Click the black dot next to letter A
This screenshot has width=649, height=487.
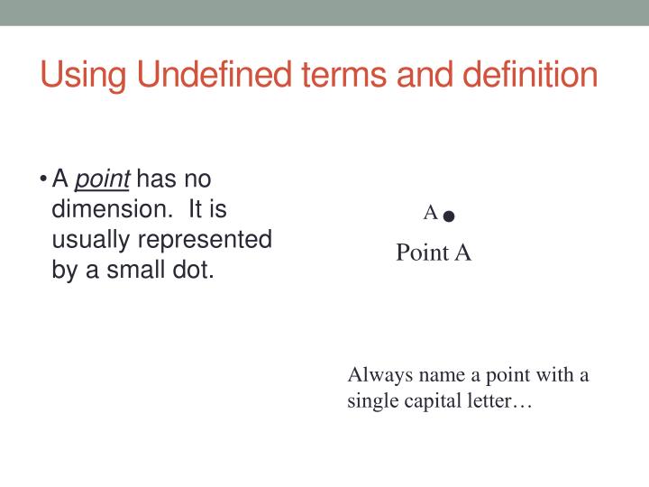449,216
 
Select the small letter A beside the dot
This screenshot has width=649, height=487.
431,213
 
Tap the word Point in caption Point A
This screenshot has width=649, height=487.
422,253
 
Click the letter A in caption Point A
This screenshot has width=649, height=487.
462,253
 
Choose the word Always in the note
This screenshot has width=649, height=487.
378,375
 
